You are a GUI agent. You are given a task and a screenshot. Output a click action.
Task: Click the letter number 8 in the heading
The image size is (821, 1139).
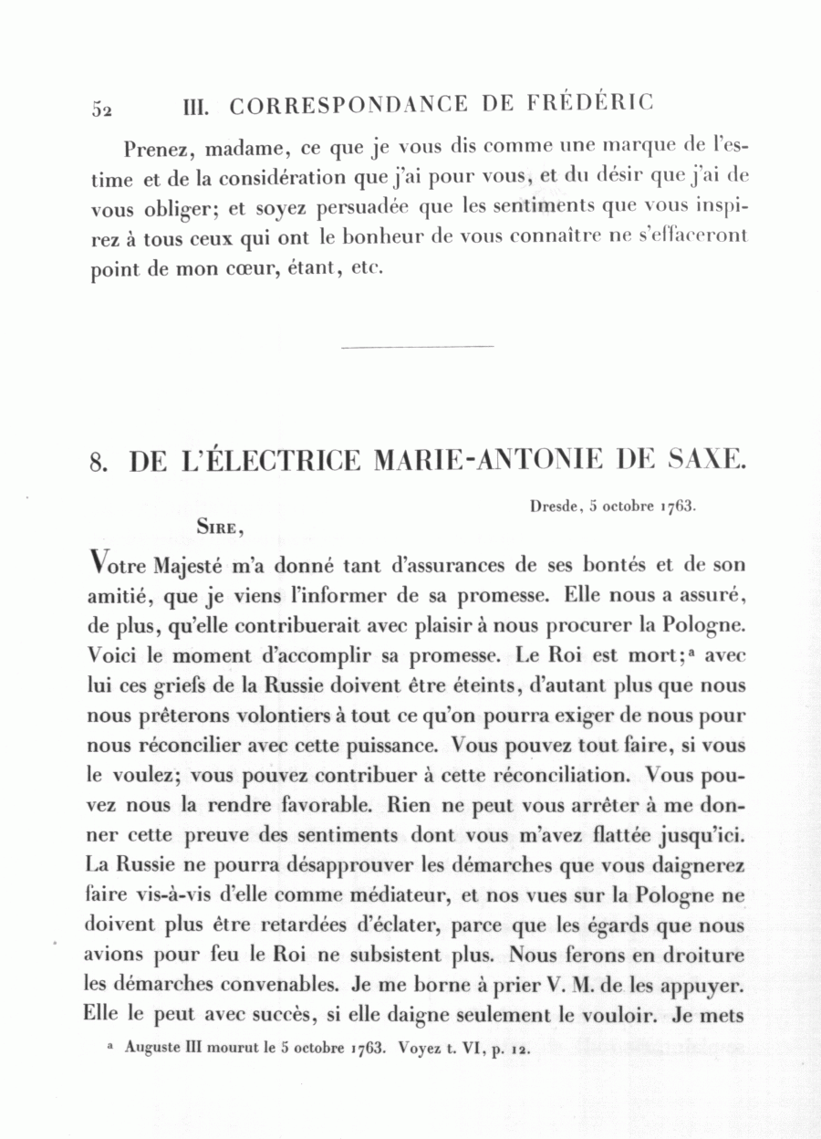pos(99,462)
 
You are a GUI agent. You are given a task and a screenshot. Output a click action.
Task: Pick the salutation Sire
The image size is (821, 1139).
pos(219,526)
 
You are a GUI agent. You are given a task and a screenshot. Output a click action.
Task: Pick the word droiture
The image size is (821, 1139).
pos(701,956)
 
